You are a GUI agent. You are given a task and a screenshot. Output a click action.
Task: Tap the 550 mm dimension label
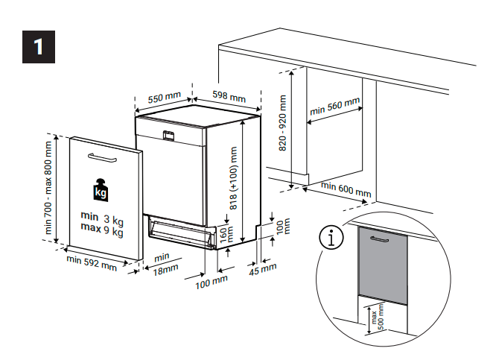point(164,98)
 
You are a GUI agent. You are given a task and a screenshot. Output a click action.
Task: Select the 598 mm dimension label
point(229,96)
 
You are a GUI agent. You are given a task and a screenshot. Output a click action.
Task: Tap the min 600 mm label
point(345,189)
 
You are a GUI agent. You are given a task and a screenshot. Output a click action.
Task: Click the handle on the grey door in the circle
point(381,241)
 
